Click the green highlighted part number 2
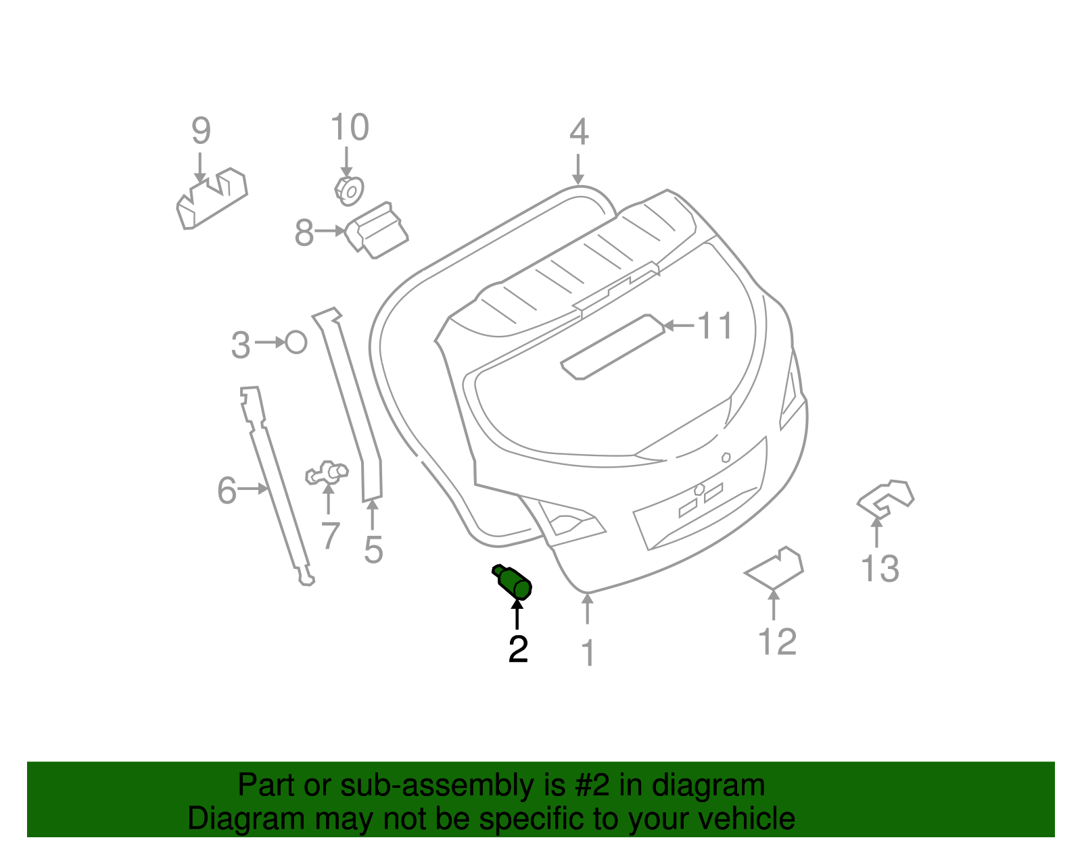coord(513,582)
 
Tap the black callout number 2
coord(518,649)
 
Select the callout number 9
coord(201,131)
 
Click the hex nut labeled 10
coord(350,191)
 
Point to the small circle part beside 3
coord(296,342)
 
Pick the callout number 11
coord(715,326)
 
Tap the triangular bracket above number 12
coord(775,569)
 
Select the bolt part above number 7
coord(327,472)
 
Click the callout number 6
coord(227,491)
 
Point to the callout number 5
coord(373,549)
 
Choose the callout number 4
coord(579,132)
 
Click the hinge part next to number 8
coord(377,231)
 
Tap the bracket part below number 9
coord(211,199)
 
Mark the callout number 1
coord(588,653)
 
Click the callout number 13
coord(880,568)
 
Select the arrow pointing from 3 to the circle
coord(270,343)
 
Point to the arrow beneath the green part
coord(517,614)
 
